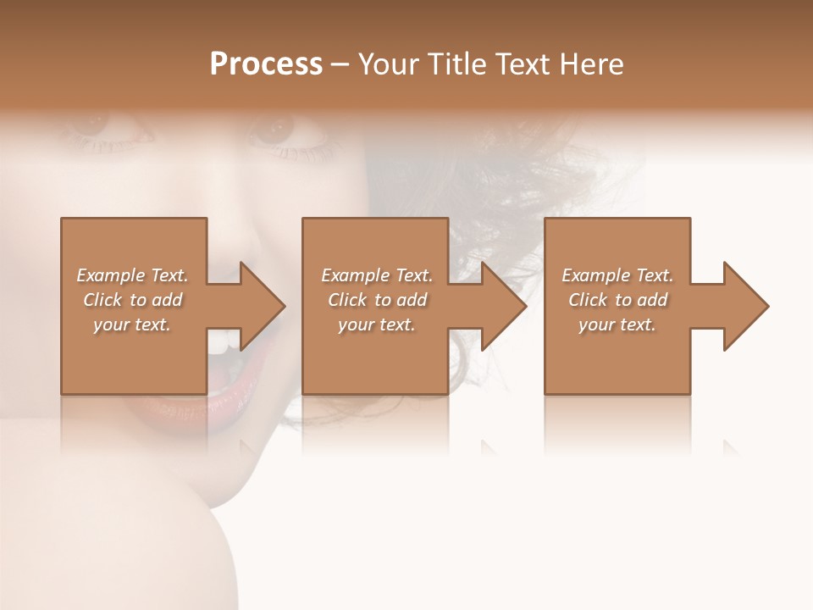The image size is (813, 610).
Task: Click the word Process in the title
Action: pos(266,64)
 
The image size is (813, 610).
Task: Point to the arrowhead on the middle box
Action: pos(503,306)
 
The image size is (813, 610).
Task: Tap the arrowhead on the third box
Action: pos(744,306)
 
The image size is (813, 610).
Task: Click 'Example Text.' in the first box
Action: pos(132,275)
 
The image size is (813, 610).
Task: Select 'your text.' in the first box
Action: pos(132,324)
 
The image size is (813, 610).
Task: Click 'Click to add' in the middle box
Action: pos(377,300)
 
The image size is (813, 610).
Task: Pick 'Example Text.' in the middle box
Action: pos(377,275)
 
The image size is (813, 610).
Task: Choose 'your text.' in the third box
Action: pos(617,324)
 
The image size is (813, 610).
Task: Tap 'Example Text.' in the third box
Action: pos(617,275)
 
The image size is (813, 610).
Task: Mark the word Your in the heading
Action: pos(389,64)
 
